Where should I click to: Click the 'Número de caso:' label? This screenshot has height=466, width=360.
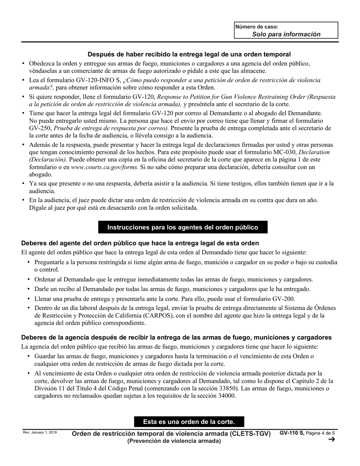pyautogui.click(x=257, y=27)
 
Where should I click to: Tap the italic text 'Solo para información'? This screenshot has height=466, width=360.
pyautogui.click(x=286, y=34)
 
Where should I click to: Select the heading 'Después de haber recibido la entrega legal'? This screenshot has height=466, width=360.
pyautogui.click(x=189, y=54)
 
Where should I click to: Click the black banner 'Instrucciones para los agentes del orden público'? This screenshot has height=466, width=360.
pyautogui.click(x=183, y=227)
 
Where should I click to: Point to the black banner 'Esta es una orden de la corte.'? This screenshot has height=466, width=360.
pyautogui.click(x=189, y=422)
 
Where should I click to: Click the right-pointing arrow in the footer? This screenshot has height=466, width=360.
pyautogui.click(x=332, y=439)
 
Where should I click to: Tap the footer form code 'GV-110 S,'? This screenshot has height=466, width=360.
pyautogui.click(x=292, y=433)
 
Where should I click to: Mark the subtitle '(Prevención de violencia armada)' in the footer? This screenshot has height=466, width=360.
pyautogui.click(x=174, y=441)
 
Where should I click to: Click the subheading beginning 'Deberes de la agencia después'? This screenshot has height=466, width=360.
pyautogui.click(x=177, y=337)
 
